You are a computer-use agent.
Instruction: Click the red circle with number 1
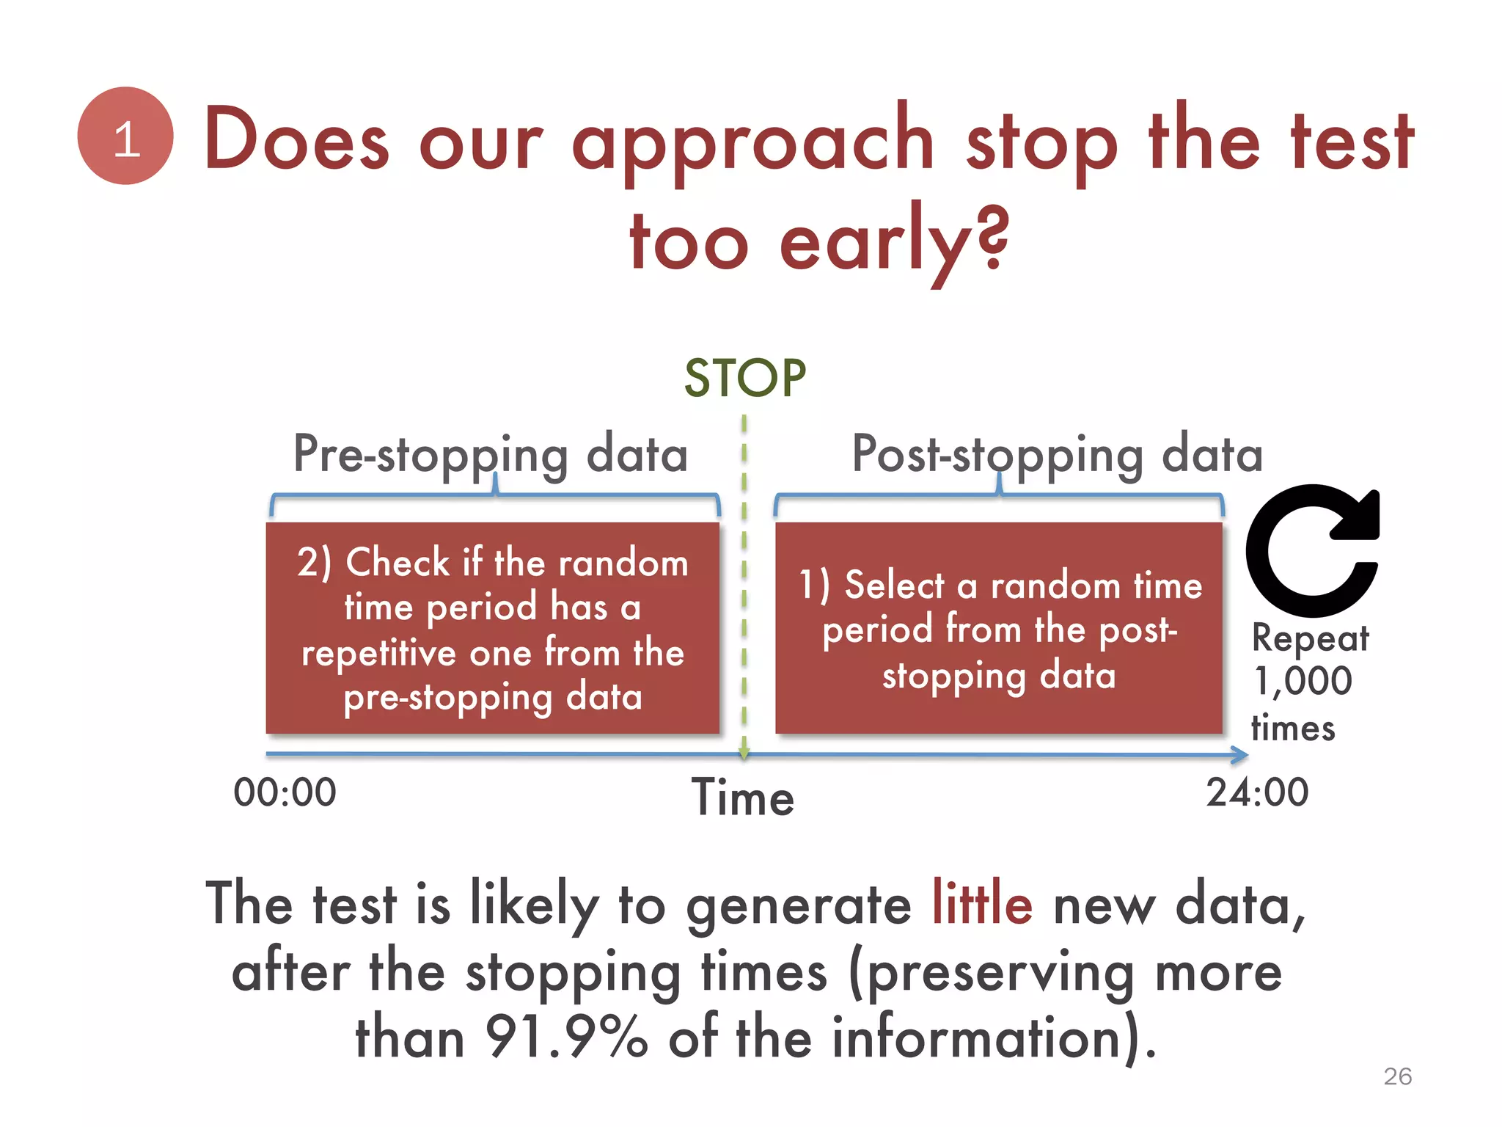125,136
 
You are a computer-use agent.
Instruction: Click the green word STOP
744,379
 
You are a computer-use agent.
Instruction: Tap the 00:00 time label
285,792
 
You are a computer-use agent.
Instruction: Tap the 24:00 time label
1257,792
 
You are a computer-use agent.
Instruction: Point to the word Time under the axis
743,798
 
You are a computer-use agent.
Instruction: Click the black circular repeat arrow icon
1311,550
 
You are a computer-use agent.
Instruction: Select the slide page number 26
1397,1076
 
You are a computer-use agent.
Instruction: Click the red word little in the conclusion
982,905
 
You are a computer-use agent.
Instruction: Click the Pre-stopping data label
491,455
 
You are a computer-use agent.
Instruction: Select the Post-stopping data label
1057,455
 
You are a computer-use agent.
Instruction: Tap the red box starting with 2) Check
492,628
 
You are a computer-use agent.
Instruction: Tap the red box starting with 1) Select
999,628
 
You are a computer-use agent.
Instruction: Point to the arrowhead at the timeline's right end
1239,754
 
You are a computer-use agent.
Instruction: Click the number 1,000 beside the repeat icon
1303,681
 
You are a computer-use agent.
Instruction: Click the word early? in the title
894,242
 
